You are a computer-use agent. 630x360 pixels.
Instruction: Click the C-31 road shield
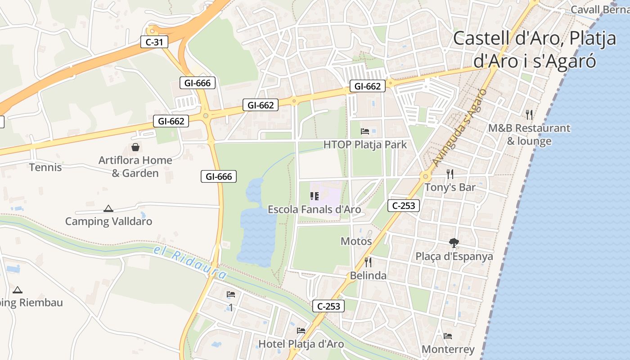click(x=154, y=42)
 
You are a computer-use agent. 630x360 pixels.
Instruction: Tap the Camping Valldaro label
click(x=108, y=221)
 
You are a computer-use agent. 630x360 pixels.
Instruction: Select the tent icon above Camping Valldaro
click(x=108, y=208)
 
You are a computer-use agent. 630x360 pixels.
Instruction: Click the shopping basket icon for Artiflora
click(x=135, y=147)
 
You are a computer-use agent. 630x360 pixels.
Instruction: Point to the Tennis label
click(x=45, y=167)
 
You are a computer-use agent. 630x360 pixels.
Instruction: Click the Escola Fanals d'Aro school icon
click(x=315, y=196)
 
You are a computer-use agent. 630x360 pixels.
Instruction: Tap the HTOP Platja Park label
click(x=365, y=145)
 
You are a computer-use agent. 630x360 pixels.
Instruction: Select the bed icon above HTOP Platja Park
click(x=365, y=131)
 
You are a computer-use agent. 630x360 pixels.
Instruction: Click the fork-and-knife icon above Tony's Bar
click(x=450, y=174)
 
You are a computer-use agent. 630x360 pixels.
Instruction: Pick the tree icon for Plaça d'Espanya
click(x=454, y=243)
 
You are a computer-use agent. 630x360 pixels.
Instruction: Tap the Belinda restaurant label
click(x=368, y=276)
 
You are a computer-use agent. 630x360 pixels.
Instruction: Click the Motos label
click(x=356, y=241)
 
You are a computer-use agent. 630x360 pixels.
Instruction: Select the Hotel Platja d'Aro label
click(x=301, y=344)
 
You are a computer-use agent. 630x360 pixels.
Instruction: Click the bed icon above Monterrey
click(x=448, y=336)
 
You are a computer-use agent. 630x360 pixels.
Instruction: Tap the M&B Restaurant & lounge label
click(x=529, y=135)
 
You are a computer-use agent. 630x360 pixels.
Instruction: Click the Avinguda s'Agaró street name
click(x=459, y=128)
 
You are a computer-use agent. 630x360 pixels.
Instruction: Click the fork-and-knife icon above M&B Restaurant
click(x=529, y=115)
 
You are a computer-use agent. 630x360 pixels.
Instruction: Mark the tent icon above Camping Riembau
click(x=18, y=290)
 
